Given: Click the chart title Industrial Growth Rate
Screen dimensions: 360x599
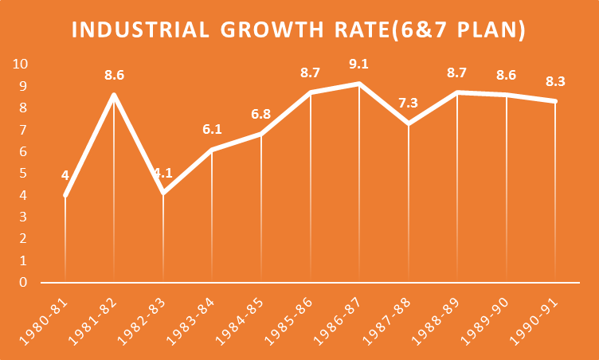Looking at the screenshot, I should point(299,30).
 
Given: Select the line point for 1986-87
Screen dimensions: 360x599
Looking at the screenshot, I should point(359,84).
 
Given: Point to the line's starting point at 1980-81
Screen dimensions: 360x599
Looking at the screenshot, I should point(65,195).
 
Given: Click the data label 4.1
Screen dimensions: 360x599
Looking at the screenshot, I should point(163,173).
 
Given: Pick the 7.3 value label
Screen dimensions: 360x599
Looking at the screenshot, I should point(409,103).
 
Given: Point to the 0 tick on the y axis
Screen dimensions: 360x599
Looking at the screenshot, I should point(25,282).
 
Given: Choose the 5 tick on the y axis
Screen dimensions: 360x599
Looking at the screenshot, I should point(25,173).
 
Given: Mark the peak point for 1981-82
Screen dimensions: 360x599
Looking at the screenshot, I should point(114,95).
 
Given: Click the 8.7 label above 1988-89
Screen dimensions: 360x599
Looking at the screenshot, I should point(457,72).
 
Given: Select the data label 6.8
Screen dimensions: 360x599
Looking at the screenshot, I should point(261,114).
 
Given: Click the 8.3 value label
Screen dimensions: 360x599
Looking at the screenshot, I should point(556,81).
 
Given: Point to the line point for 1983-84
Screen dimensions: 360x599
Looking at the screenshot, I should point(212,149).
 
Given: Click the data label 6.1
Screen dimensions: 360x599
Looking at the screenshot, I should point(212,129).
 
